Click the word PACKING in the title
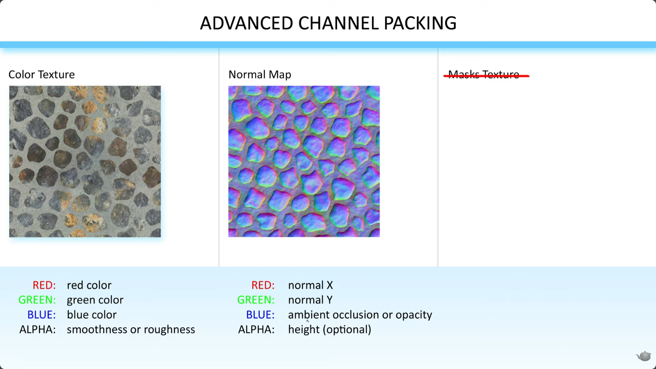(x=420, y=23)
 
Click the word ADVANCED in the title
(x=247, y=23)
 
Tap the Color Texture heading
(x=42, y=75)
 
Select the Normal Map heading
(x=260, y=75)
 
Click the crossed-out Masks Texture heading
(x=486, y=75)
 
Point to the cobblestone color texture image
(x=85, y=161)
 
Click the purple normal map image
(x=304, y=161)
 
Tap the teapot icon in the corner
(x=644, y=356)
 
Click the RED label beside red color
(x=44, y=285)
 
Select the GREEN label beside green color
(x=37, y=300)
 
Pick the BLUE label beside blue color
(x=41, y=315)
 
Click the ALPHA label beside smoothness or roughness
(x=37, y=330)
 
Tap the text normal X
(x=311, y=285)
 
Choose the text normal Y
(x=310, y=300)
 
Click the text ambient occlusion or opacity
(x=360, y=315)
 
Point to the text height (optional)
(x=329, y=330)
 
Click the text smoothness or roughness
(x=131, y=330)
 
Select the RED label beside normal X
(x=263, y=285)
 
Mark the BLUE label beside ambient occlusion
(x=260, y=315)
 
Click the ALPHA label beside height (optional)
(x=256, y=330)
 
